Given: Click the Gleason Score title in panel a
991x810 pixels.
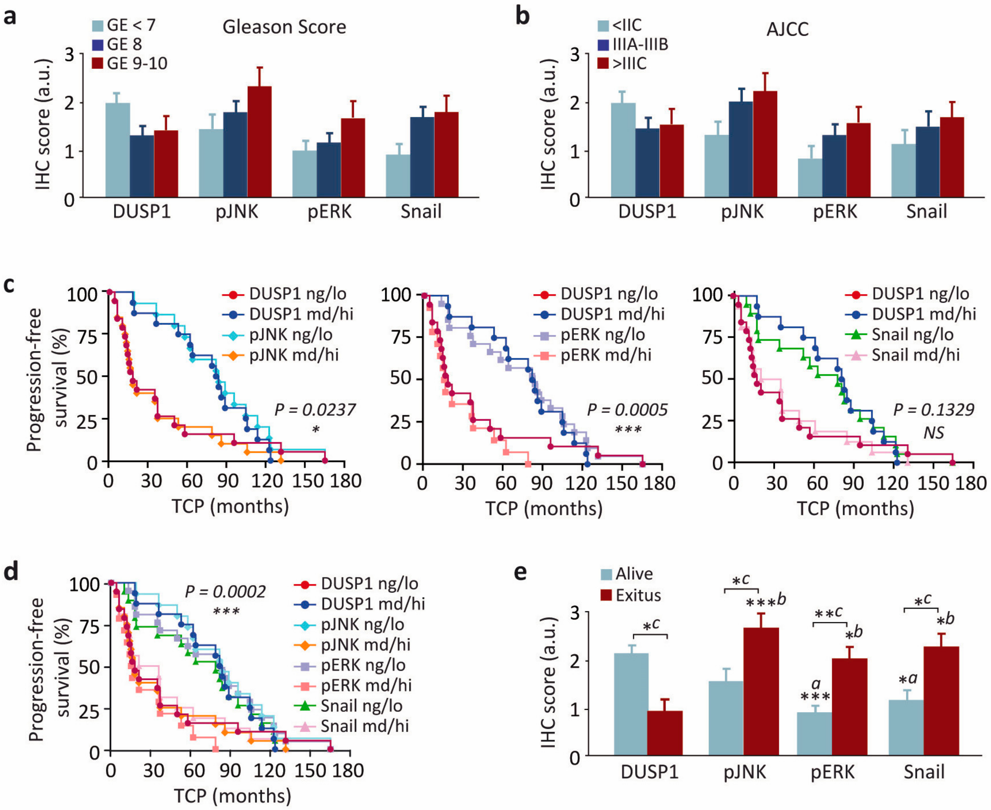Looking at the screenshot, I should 284,27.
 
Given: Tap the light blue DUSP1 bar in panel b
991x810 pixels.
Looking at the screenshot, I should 623,150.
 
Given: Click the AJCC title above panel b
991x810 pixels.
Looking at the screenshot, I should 787,29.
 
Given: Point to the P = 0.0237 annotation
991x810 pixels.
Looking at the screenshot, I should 315,410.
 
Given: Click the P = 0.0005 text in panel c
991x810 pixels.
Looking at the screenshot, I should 627,410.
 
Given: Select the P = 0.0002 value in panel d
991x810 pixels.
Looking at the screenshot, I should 225,592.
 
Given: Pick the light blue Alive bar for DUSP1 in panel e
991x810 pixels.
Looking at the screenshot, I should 631,704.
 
